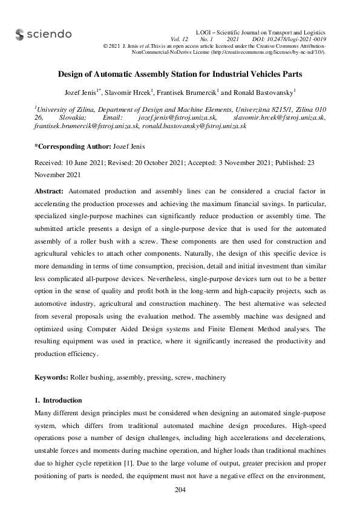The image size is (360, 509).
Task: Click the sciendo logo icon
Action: tap(19, 34)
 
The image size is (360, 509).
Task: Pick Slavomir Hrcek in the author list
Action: tap(129, 92)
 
